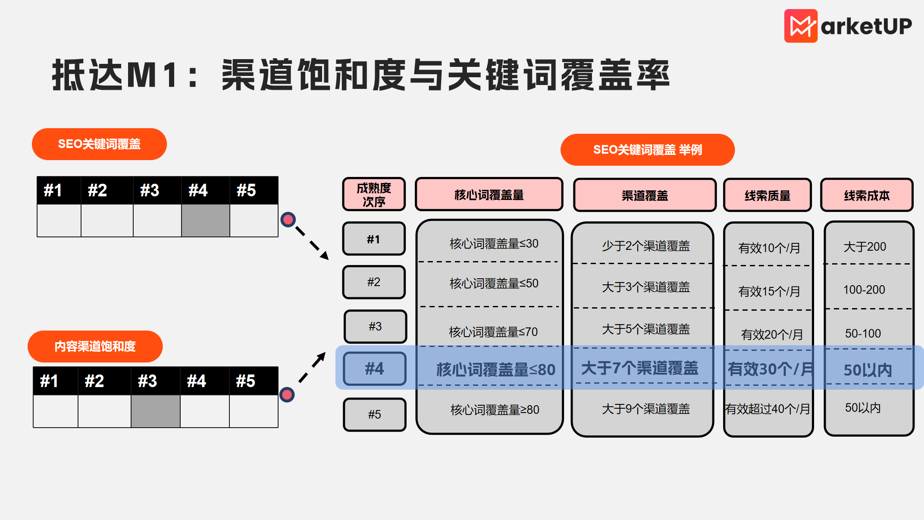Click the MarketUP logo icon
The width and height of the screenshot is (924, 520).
[801, 26]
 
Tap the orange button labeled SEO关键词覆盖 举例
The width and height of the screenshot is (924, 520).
[647, 150]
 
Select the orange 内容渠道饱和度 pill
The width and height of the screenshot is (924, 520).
[95, 346]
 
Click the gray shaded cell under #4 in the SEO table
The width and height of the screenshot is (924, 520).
[205, 221]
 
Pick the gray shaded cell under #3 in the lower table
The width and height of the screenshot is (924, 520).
[155, 411]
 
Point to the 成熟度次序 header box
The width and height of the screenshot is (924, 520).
[374, 195]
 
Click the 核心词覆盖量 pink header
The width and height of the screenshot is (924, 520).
[489, 195]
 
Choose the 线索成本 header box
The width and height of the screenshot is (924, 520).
[867, 195]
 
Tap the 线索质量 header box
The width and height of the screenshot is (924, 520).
[767, 195]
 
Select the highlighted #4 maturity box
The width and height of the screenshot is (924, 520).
[374, 369]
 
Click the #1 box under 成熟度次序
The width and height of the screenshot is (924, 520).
[374, 239]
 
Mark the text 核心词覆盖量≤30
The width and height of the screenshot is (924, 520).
[494, 244]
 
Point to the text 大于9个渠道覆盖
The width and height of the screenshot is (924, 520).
[645, 409]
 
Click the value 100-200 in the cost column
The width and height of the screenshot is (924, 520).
[864, 290]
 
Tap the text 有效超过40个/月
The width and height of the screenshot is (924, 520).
[767, 409]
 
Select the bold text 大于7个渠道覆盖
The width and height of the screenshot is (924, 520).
[639, 368]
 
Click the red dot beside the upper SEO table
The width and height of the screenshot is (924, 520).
[288, 220]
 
